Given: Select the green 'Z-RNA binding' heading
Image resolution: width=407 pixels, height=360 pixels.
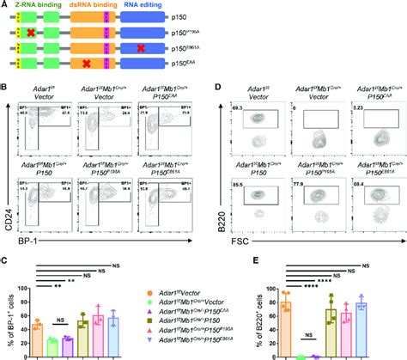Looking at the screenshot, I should tap(39, 5).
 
